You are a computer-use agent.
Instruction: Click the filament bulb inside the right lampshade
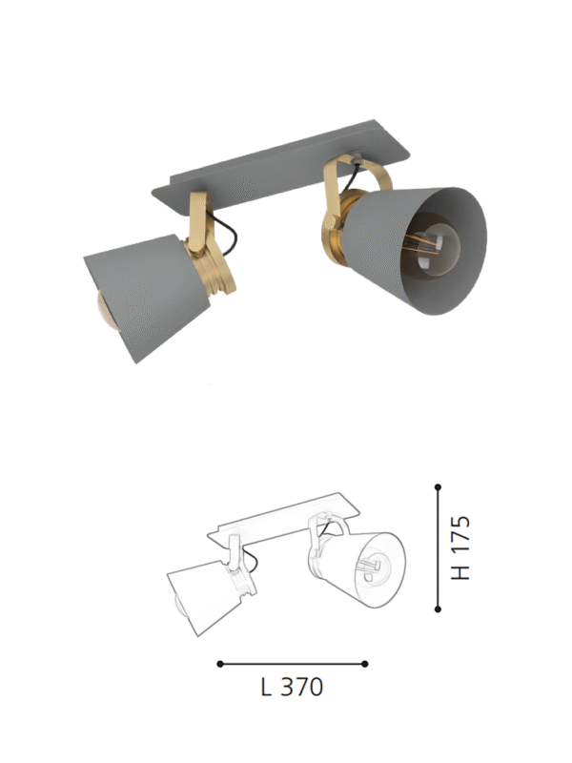click(430, 248)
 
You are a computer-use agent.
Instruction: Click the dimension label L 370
click(292, 687)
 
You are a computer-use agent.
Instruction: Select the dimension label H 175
click(460, 547)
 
